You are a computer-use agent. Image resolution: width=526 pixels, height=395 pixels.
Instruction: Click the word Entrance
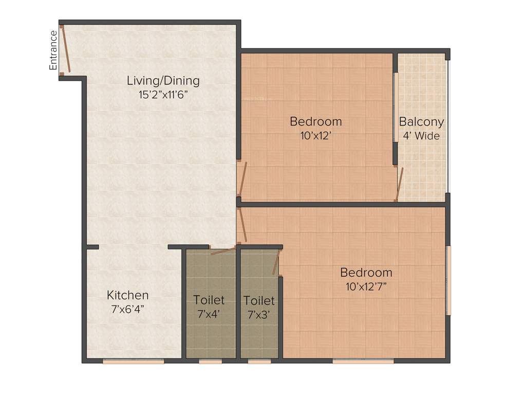[x=53, y=50]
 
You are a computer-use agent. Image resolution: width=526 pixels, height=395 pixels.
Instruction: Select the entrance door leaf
[x=65, y=49]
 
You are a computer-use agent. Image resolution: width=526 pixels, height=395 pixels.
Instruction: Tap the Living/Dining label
[x=163, y=81]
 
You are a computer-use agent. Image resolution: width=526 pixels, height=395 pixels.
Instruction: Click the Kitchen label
[x=128, y=295]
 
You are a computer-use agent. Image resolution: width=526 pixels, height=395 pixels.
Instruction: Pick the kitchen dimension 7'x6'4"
[x=128, y=309]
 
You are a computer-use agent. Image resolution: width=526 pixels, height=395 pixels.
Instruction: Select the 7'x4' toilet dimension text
[x=209, y=314]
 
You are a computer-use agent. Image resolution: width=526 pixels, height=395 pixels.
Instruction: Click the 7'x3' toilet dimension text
[x=259, y=314]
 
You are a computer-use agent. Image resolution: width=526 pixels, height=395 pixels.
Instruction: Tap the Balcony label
[x=421, y=122]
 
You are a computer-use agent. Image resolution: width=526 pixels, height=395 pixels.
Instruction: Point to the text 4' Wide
[x=421, y=136]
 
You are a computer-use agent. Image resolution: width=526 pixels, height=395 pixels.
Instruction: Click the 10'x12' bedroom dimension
[x=315, y=136]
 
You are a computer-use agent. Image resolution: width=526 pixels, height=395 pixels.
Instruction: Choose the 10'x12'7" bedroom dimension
[x=366, y=286]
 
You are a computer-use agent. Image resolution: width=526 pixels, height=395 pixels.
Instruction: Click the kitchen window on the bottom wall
[x=133, y=362]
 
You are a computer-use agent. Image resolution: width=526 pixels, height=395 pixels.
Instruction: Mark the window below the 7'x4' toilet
[x=211, y=362]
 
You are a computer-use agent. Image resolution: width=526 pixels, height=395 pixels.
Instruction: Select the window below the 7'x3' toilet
[x=259, y=362]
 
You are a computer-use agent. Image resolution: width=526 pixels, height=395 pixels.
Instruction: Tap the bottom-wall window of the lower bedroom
[x=363, y=362]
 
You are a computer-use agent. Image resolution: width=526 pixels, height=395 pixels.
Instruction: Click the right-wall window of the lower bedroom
[x=448, y=280]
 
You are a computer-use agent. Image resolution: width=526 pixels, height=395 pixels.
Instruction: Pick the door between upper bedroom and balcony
[x=400, y=184]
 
